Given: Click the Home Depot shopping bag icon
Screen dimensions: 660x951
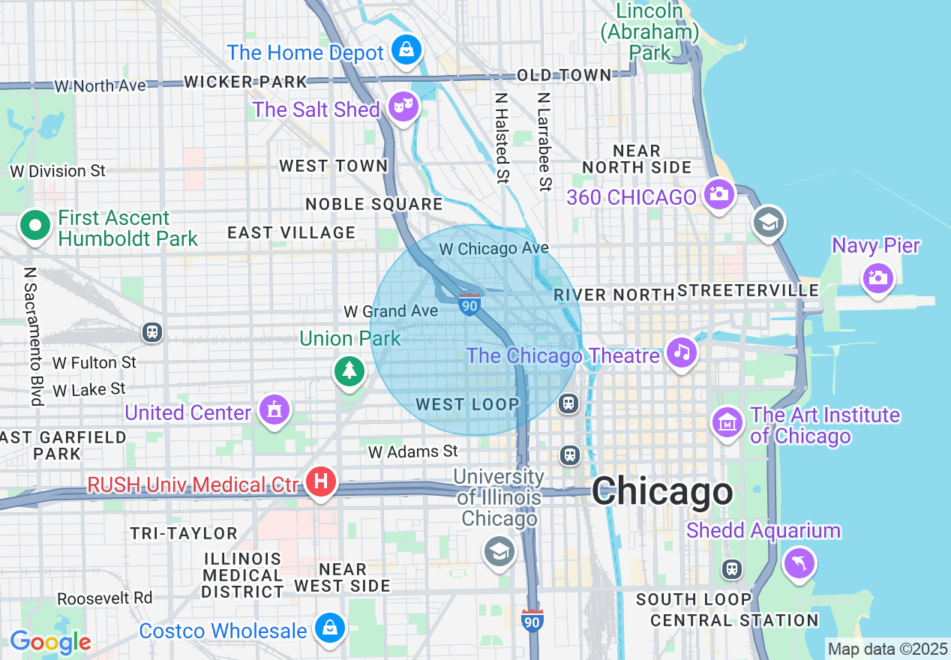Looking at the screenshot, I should pos(406,50).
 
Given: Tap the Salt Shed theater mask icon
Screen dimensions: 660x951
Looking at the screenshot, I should pos(403,108).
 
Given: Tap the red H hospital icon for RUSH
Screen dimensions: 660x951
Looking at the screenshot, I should pos(321,481).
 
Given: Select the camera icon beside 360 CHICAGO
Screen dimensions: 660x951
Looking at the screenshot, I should pos(718,194).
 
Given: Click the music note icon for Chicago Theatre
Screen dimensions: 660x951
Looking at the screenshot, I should pos(681,352).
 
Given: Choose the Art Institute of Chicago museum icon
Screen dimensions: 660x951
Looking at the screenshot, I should pos(727,423).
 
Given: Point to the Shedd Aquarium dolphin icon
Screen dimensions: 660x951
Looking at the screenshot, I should pos(799,562).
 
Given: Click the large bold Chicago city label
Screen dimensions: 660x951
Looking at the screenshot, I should pos(662,493).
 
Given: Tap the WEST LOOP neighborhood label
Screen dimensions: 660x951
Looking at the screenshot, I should pos(467,405).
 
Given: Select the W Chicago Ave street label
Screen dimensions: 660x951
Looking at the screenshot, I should pos(493,248).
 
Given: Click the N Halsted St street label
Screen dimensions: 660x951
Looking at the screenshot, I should pos(502,138).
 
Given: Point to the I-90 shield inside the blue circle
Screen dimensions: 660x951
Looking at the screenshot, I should pos(469,304).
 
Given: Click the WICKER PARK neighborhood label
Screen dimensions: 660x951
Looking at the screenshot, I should pos(245,82).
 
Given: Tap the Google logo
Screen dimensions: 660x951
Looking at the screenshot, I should pos(50,643).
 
